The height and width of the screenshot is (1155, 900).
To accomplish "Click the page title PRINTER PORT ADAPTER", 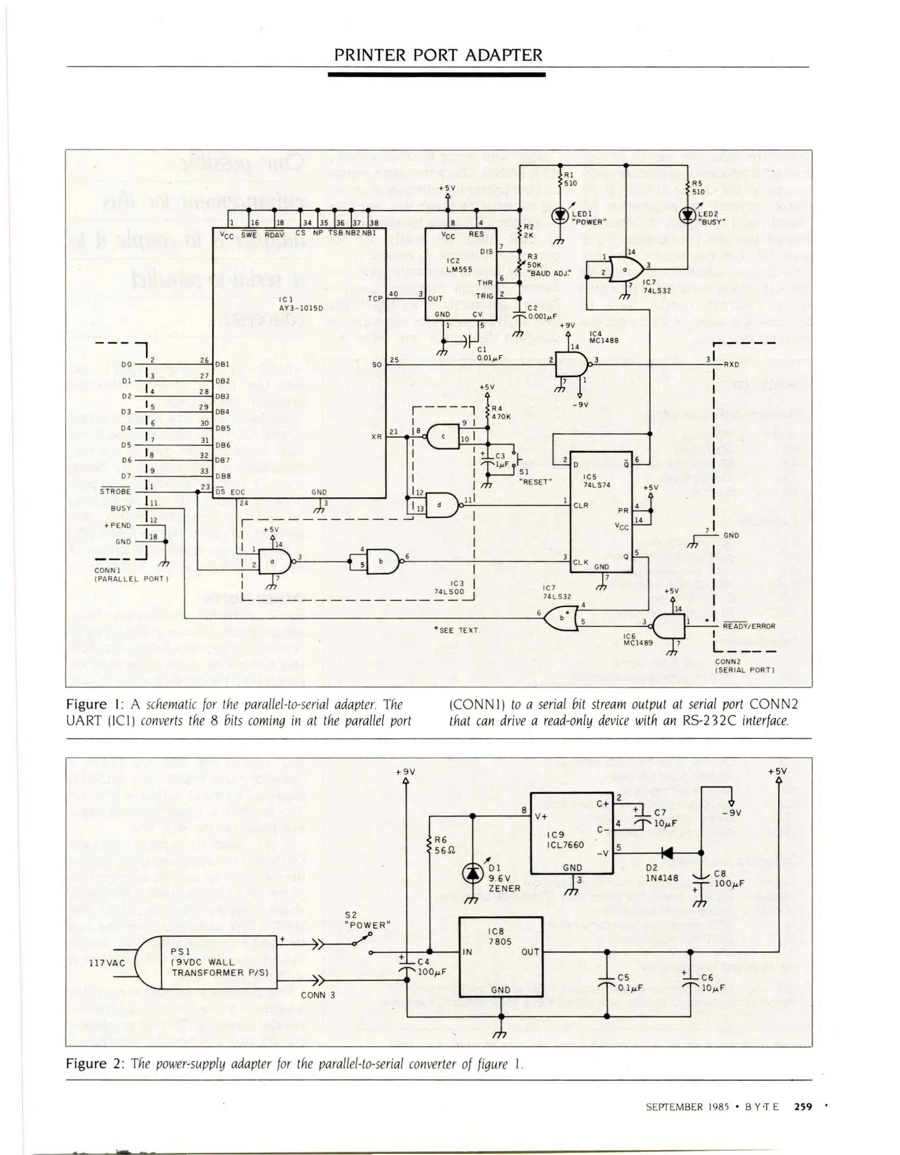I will (x=438, y=55).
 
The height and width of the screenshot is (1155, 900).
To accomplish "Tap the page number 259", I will (x=803, y=1106).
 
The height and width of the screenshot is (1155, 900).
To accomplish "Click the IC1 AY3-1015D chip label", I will (x=301, y=304).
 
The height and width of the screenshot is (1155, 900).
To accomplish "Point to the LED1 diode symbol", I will (x=560, y=215).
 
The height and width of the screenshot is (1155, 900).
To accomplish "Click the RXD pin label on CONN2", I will (x=731, y=364).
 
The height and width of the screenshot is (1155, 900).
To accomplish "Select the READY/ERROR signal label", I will (x=749, y=626).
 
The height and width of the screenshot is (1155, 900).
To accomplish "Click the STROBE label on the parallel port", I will (x=115, y=491).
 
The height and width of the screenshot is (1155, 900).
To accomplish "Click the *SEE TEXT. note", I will (x=458, y=630).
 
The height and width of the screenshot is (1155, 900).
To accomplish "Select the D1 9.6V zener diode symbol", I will (x=472, y=873).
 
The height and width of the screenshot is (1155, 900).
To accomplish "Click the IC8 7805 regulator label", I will (x=500, y=936).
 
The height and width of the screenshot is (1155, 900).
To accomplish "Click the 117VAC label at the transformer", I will (x=106, y=963).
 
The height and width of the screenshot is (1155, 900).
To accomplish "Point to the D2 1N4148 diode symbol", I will (x=667, y=853).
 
